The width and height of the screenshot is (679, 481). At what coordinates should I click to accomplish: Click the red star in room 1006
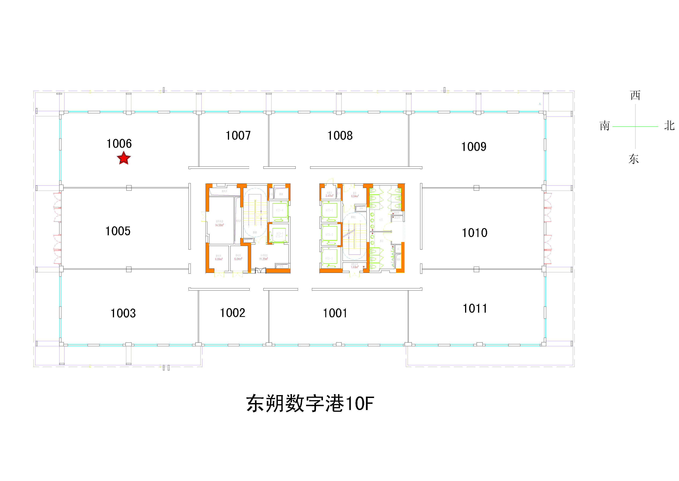124,158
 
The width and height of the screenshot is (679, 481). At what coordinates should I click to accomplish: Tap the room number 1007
238,136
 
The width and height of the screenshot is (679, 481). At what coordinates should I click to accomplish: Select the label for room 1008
340,136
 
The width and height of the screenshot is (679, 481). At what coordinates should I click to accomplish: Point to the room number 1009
474,147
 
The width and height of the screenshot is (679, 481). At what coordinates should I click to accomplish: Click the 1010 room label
475,233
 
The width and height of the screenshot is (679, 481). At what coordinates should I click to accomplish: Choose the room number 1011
475,308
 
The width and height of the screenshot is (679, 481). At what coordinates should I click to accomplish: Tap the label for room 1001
335,313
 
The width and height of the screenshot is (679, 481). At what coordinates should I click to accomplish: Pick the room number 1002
233,313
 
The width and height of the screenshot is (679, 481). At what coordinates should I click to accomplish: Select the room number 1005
118,231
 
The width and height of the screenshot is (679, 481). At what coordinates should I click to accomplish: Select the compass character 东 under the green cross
634,159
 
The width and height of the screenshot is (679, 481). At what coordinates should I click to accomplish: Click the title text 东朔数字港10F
310,403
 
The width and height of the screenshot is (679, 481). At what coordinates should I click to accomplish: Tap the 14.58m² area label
219,225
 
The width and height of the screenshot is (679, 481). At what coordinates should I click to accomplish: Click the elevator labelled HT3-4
279,210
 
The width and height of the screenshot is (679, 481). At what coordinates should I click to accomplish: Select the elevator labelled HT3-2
329,234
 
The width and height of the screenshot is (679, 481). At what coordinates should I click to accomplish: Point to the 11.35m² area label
264,259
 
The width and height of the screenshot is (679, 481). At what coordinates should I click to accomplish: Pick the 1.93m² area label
355,267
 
